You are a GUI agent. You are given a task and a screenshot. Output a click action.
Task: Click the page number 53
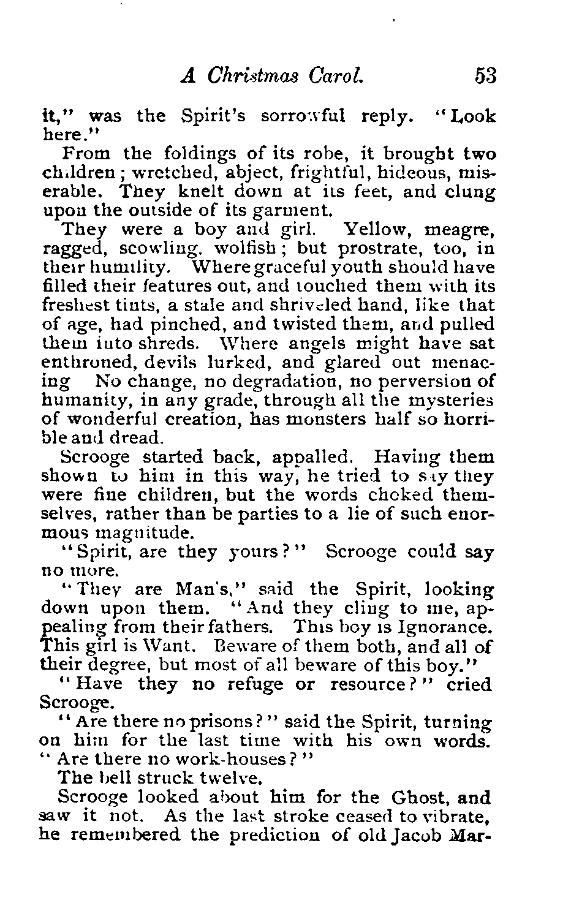point(483,75)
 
